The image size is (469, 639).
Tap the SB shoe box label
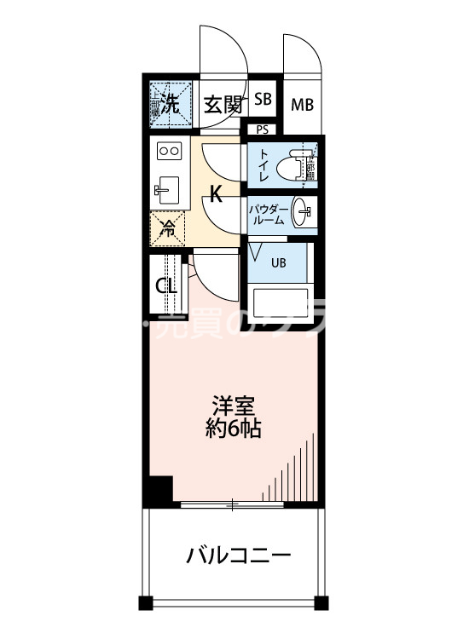(x=263, y=100)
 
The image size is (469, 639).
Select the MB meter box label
(x=302, y=106)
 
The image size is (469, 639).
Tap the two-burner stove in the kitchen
(x=169, y=152)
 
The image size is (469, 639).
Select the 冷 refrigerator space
(x=168, y=227)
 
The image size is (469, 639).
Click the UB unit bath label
(x=278, y=262)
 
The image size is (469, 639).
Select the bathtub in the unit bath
(x=282, y=304)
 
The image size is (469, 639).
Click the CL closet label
(x=166, y=286)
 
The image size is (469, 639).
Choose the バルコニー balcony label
(x=239, y=557)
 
